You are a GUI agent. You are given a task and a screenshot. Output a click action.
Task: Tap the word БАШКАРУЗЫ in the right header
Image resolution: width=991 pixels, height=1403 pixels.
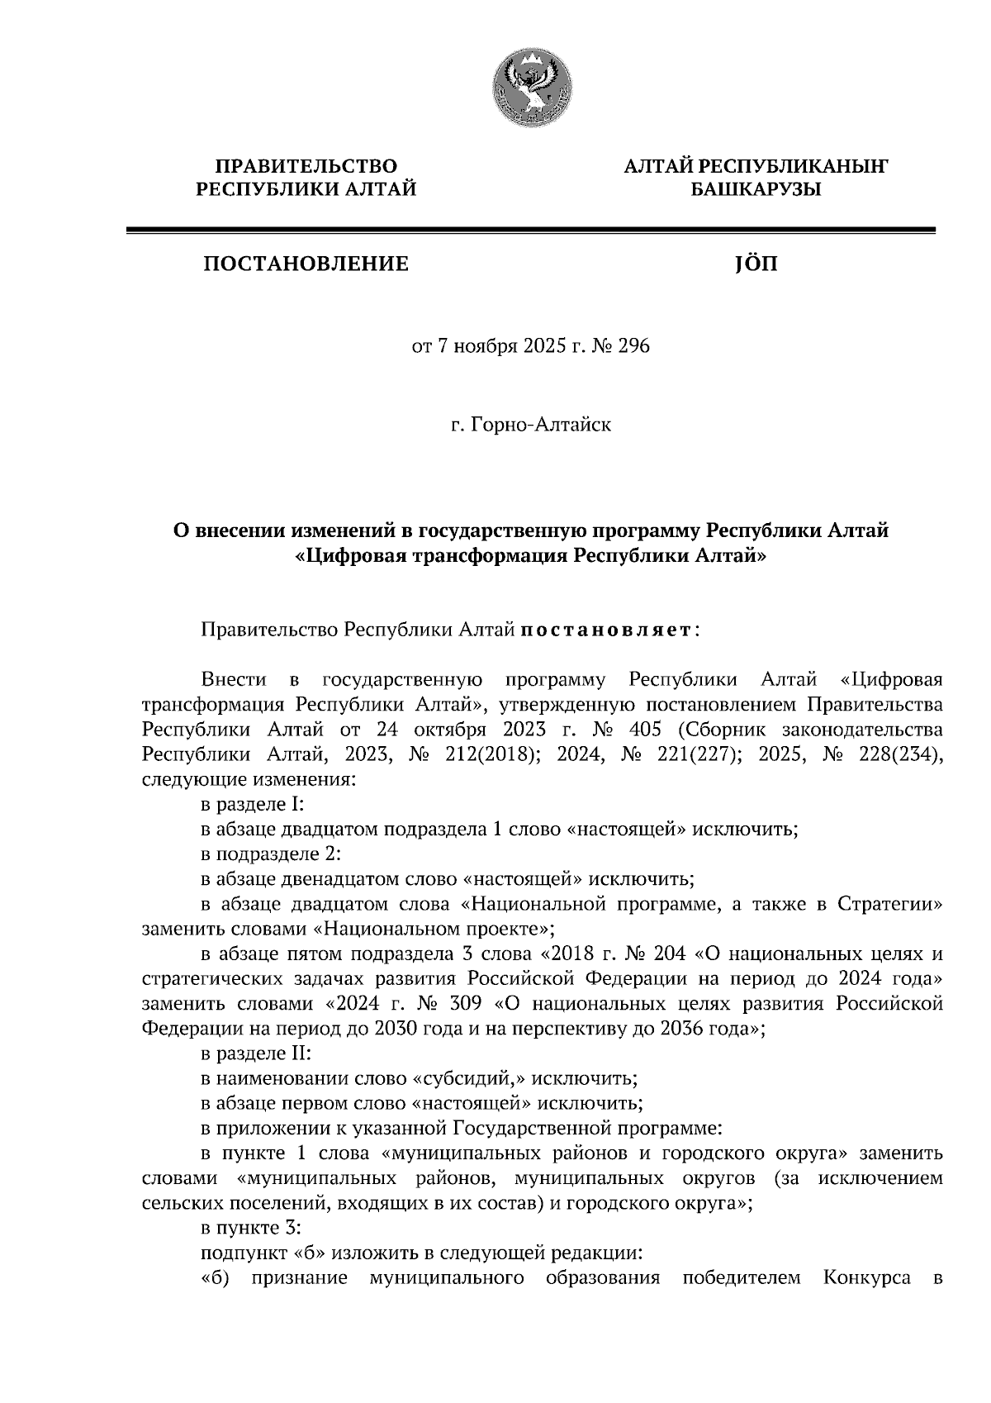pos(756,190)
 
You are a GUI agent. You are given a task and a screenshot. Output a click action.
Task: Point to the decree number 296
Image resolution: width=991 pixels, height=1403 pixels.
pos(633,345)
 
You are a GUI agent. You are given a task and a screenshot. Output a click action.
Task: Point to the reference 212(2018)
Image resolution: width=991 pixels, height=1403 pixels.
pos(487,754)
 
